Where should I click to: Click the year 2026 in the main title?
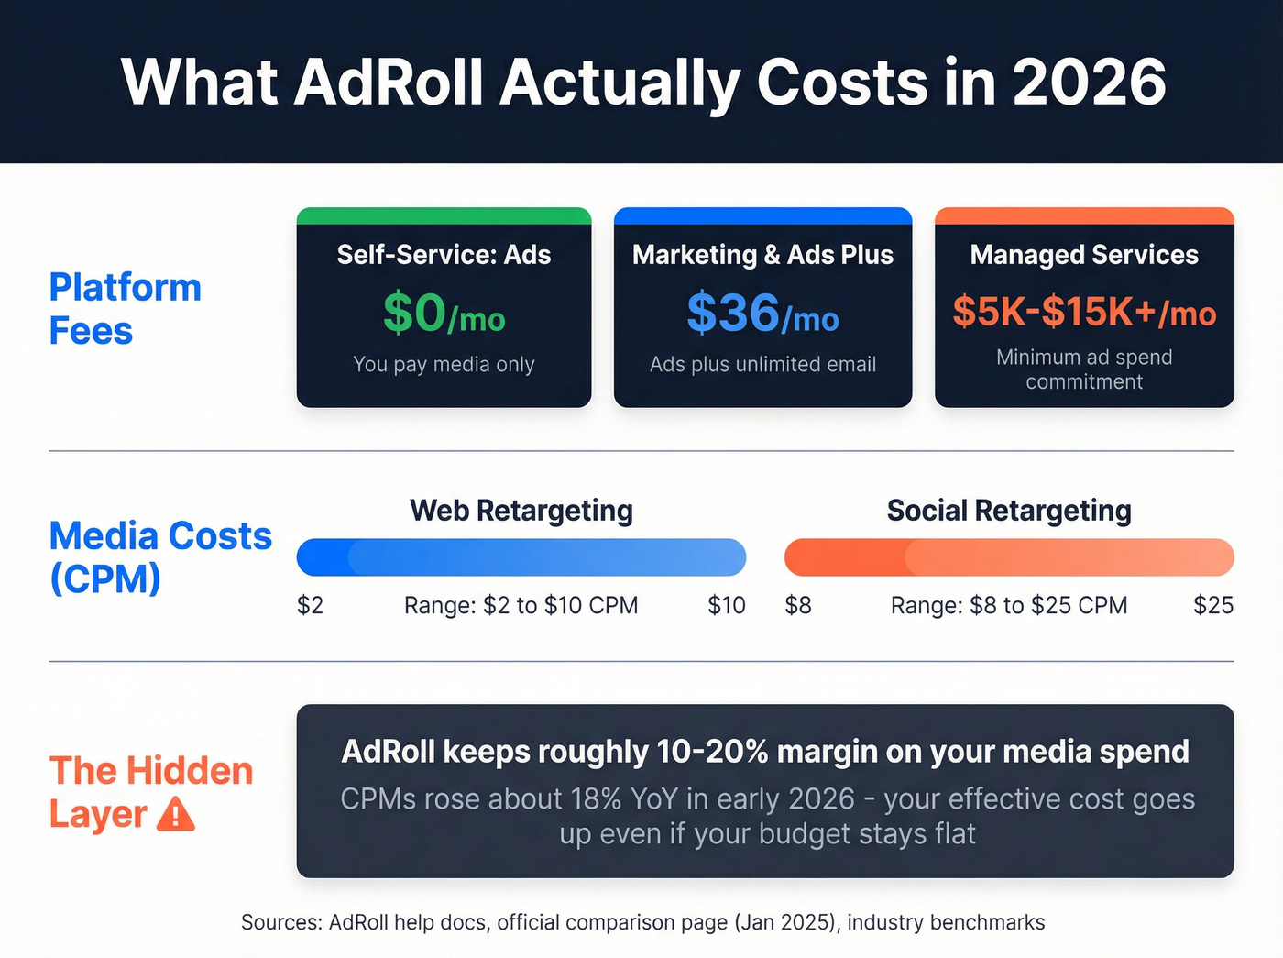click(1089, 83)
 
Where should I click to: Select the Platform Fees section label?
click(125, 309)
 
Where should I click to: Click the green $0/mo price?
click(444, 314)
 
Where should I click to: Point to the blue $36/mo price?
click(762, 314)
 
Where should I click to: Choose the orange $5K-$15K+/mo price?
click(1084, 313)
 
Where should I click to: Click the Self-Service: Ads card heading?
click(444, 255)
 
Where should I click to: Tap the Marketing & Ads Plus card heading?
click(762, 255)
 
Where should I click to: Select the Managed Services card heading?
click(1084, 255)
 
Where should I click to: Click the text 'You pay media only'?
click(444, 364)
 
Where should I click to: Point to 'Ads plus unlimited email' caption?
click(762, 364)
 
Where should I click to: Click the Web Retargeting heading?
click(521, 511)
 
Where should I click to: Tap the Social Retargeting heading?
click(1009, 511)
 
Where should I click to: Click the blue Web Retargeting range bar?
click(521, 557)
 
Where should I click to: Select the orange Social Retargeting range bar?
click(1009, 557)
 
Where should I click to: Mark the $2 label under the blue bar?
click(310, 605)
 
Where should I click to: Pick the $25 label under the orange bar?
click(1212, 605)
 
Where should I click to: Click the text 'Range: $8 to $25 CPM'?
click(1009, 605)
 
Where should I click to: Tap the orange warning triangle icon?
click(176, 814)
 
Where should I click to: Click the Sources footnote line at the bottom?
click(642, 922)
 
